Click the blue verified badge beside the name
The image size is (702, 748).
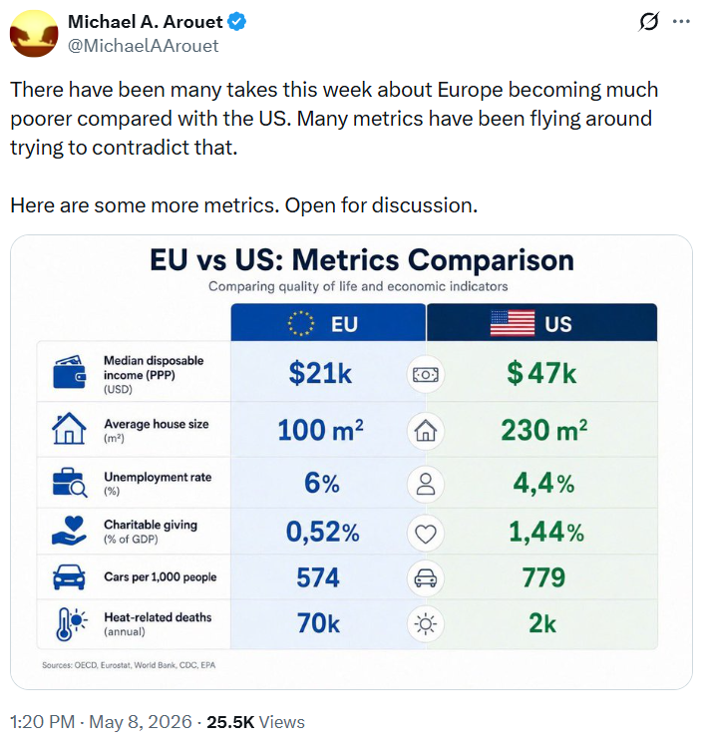[x=237, y=22]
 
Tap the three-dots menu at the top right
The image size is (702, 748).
[x=681, y=22]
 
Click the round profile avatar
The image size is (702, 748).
[x=34, y=33]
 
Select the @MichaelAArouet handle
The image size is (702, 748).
[x=143, y=46]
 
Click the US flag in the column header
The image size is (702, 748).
[x=513, y=323]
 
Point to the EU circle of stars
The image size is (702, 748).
[x=301, y=323]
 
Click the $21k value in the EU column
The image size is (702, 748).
[x=320, y=373]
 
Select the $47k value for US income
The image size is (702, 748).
[x=541, y=373]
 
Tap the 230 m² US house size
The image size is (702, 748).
[x=544, y=430]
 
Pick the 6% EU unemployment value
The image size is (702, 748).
[x=322, y=484]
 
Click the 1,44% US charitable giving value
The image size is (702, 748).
[x=546, y=532]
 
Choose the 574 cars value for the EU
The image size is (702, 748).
[x=318, y=577]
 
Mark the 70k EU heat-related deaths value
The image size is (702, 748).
[x=318, y=623]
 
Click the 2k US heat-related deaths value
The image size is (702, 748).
[x=542, y=623]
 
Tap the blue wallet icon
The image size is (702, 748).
[x=70, y=372]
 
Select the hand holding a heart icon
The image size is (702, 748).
[x=69, y=531]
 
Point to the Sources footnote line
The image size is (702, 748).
[x=129, y=665]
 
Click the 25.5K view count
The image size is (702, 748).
[x=230, y=722]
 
